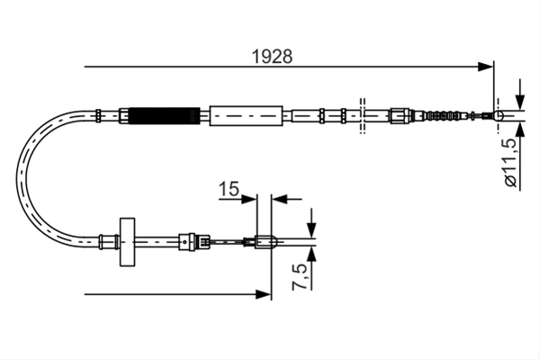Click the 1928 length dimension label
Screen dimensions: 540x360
[x=272, y=57]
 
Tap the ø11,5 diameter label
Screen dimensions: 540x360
[x=511, y=162]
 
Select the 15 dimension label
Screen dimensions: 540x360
[x=229, y=189]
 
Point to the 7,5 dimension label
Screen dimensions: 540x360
[x=299, y=276]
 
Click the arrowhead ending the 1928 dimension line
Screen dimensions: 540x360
[x=486, y=67]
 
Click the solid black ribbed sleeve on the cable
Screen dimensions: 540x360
[x=165, y=115]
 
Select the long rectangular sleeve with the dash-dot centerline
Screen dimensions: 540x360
[x=246, y=116]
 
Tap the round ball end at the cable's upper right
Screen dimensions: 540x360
[x=499, y=115]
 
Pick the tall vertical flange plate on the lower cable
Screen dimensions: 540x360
[x=127, y=242]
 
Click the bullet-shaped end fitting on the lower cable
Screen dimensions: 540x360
[x=265, y=242]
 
